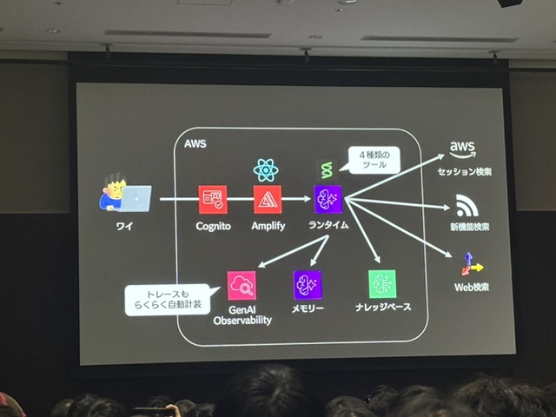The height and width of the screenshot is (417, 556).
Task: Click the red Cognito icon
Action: pos(211,200)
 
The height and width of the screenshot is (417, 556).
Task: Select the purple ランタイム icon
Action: pos(328,200)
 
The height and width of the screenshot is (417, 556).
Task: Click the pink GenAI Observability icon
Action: pos(241,285)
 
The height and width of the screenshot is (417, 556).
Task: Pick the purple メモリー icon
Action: pos(308,285)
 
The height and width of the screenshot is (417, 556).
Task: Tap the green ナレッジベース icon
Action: pos(381,284)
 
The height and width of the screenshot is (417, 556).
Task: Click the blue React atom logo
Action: pos(266,169)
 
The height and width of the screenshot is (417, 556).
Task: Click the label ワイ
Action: pos(124,227)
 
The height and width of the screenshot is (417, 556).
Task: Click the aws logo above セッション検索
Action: pos(464,149)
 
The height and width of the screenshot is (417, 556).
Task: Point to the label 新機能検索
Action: pos(469,228)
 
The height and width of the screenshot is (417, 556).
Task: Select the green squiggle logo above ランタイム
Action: pos(326,169)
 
